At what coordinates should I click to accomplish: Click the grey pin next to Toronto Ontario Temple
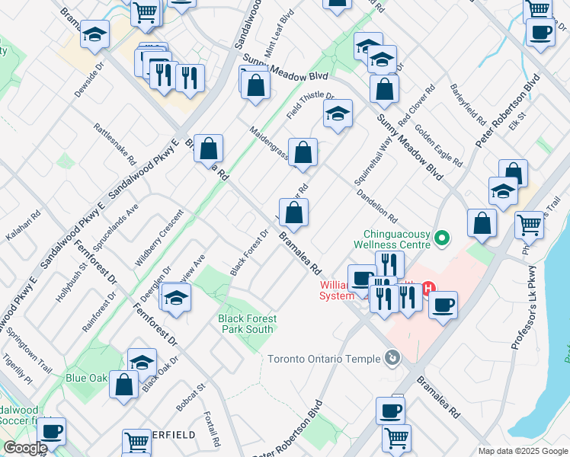[392, 356]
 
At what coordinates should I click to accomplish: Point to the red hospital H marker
[428, 288]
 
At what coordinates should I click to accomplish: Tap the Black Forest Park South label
[245, 324]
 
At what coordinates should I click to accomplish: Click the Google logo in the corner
[24, 449]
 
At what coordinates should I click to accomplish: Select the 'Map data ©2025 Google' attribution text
[523, 451]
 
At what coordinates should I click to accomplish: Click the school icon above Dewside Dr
[95, 35]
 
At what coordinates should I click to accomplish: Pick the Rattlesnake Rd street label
[114, 145]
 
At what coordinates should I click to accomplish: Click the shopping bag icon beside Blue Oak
[123, 385]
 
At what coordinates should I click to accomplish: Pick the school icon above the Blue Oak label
[142, 362]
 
